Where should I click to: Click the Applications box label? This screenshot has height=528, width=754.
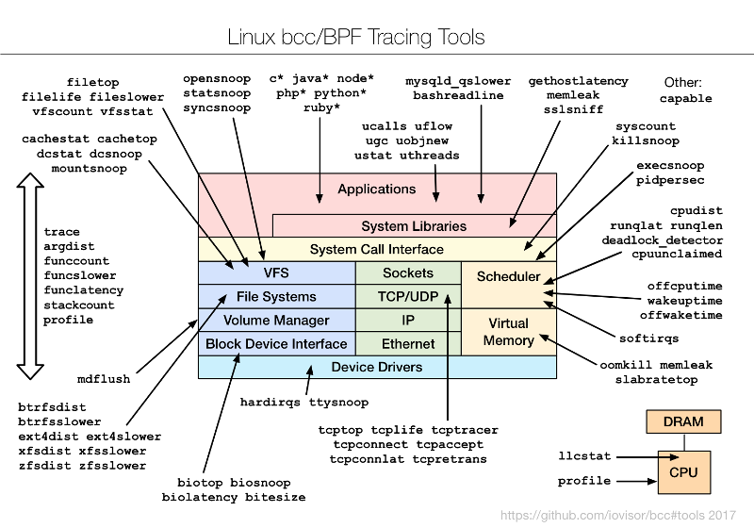point(376,189)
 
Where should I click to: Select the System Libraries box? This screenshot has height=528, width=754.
point(414,226)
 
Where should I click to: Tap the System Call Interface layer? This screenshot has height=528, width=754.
point(376,250)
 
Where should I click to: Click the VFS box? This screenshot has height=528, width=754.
point(276,273)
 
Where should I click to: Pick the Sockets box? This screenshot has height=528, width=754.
point(407,273)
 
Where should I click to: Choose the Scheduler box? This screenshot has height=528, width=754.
point(508,277)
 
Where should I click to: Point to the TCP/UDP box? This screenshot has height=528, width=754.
point(407,297)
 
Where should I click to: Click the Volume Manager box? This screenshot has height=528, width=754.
point(276,321)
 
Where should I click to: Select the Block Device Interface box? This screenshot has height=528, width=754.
point(276,344)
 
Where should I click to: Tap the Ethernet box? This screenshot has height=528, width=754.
point(407,344)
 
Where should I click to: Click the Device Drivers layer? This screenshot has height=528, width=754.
point(377,367)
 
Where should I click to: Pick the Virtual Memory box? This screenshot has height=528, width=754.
point(508,332)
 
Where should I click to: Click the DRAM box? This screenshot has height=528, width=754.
point(684,421)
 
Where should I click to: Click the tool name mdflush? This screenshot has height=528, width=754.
point(104,379)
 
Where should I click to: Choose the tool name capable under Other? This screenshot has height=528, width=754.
point(685,98)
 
